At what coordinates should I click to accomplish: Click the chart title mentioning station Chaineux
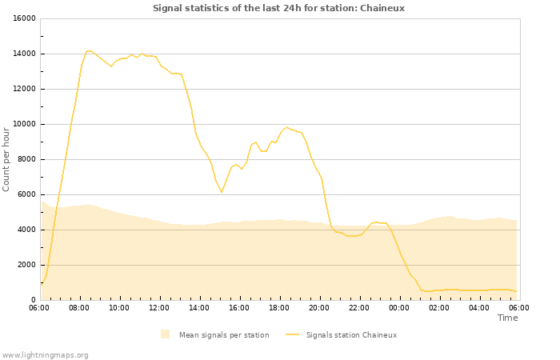click(278, 8)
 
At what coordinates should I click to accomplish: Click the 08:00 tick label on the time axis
click(79, 307)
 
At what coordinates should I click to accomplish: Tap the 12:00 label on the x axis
click(159, 307)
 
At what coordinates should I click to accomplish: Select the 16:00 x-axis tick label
click(239, 307)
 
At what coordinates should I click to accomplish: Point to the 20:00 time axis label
click(319, 307)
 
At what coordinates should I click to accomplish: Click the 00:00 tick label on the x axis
click(399, 307)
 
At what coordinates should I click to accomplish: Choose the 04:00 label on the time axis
click(479, 307)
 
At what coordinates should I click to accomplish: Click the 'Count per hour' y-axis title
click(6, 159)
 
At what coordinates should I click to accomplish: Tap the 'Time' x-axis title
click(507, 318)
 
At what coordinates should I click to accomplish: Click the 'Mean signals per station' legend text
click(223, 335)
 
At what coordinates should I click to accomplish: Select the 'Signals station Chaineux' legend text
click(351, 335)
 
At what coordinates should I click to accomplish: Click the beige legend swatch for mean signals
click(165, 334)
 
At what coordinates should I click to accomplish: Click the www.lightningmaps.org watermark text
click(45, 354)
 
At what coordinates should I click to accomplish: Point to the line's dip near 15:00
click(222, 191)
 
